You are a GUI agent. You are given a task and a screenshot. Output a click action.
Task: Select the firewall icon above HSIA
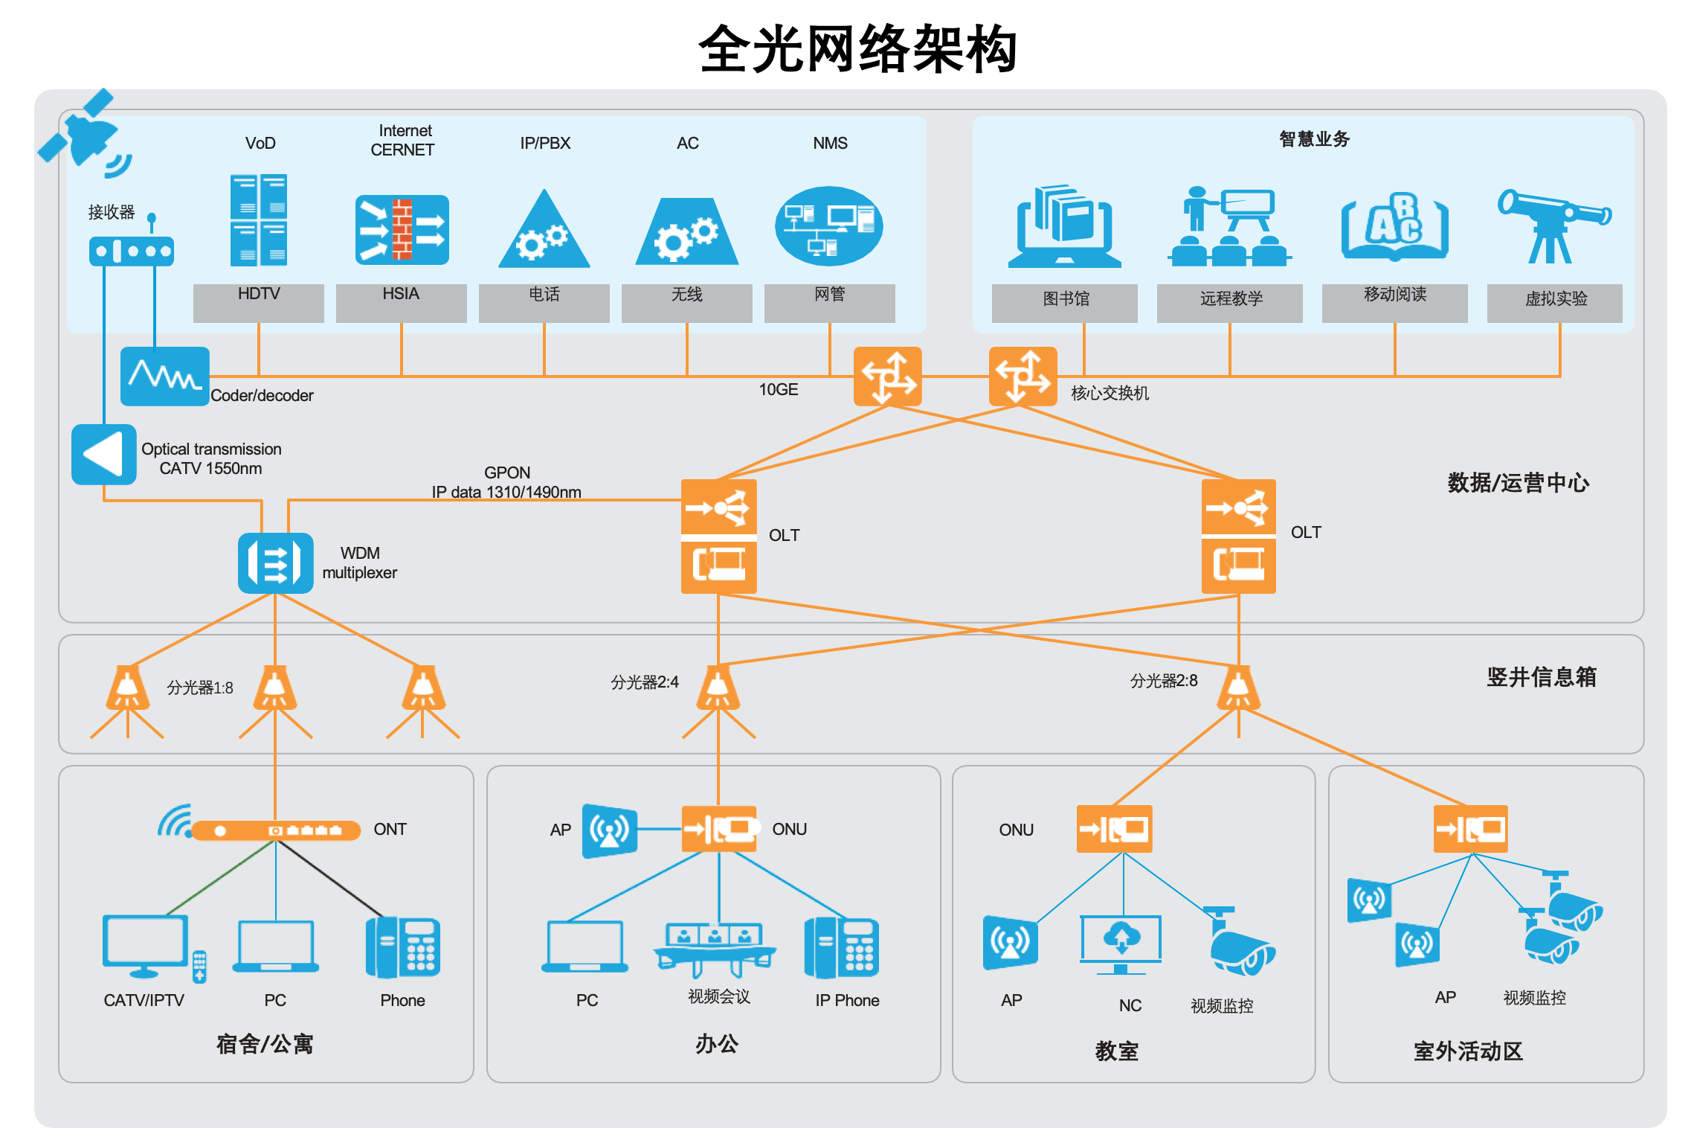coord(402,230)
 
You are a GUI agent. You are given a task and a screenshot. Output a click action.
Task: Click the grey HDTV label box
coord(258,302)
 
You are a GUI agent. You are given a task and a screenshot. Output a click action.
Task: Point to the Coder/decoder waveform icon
coord(164,376)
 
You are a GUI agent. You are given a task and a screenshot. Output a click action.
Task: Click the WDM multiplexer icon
coord(275,563)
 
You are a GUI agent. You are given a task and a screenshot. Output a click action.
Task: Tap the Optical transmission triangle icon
coord(103,454)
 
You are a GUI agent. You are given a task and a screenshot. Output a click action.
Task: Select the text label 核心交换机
coord(1110,393)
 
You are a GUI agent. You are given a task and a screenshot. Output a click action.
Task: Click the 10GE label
coord(778,389)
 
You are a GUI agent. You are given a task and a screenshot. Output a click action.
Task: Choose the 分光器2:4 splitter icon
coord(718,688)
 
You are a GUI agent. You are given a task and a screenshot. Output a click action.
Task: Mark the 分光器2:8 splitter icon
coord(1238,688)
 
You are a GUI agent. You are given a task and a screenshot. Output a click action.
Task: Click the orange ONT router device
coord(275,830)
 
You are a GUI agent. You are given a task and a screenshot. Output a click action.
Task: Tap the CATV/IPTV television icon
coord(146,946)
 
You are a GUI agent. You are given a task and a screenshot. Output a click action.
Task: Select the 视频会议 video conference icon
coord(715,949)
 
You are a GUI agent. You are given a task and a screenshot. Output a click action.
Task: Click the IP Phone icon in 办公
coord(841,947)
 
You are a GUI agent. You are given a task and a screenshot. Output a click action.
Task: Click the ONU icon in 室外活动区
coord(1470,828)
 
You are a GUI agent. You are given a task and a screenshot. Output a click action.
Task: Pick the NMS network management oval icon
coord(828,225)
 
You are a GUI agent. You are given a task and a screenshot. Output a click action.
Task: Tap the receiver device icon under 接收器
coord(131,251)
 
